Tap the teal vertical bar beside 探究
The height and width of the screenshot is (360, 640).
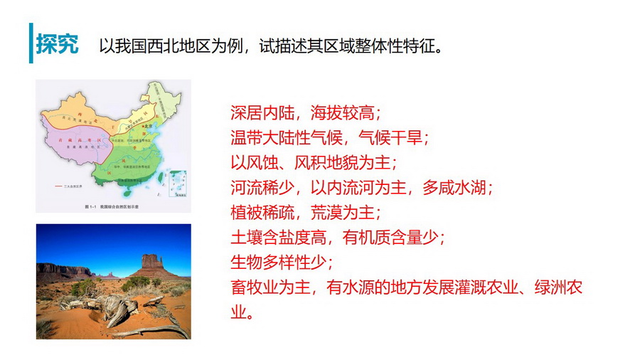(31, 42)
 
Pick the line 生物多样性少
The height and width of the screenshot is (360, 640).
(277, 262)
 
